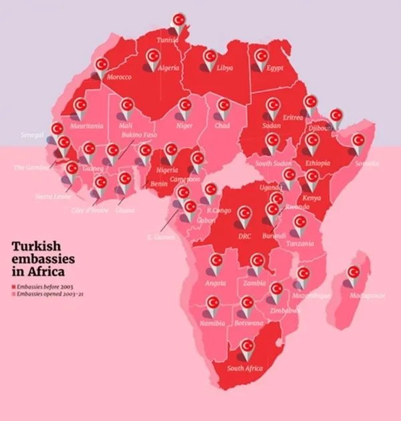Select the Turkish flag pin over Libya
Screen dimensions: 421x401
[211, 58]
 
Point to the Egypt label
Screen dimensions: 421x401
[274, 68]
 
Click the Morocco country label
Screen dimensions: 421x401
[119, 77]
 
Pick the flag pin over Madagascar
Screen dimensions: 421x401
[354, 273]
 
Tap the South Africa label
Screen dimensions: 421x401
[245, 368]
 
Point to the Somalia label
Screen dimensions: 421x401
[365, 162]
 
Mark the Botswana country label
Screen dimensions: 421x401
[248, 323]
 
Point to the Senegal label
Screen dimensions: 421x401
[34, 134]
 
